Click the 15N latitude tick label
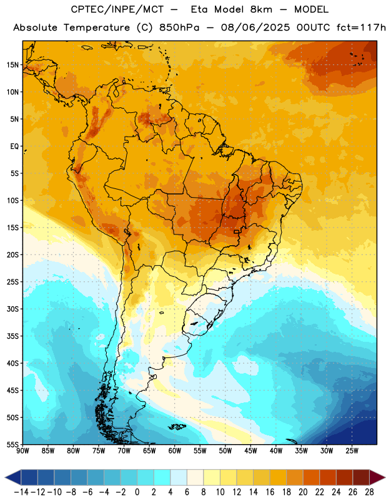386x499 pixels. coord(12,65)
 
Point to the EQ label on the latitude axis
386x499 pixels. coord(14,147)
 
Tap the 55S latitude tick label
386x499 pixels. coord(12,444)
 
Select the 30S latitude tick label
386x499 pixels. coord(12,309)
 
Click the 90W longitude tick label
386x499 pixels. coord(23,451)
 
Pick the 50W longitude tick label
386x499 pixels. coord(225,451)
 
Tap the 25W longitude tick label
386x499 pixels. coord(352,451)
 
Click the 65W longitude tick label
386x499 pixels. coord(149,451)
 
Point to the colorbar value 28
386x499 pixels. coord(369,492)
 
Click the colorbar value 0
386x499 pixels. coord(137,492)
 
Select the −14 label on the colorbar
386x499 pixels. coord(21,492)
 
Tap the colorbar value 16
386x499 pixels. coord(270,492)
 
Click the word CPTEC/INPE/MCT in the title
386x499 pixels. coord(117,9)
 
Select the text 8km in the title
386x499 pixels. coord(261,9)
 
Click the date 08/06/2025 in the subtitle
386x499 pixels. coord(255,27)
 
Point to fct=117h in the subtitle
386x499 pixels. coord(361,27)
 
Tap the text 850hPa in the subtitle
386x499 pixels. coord(179,27)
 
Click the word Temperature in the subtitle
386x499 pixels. coord(97,28)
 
